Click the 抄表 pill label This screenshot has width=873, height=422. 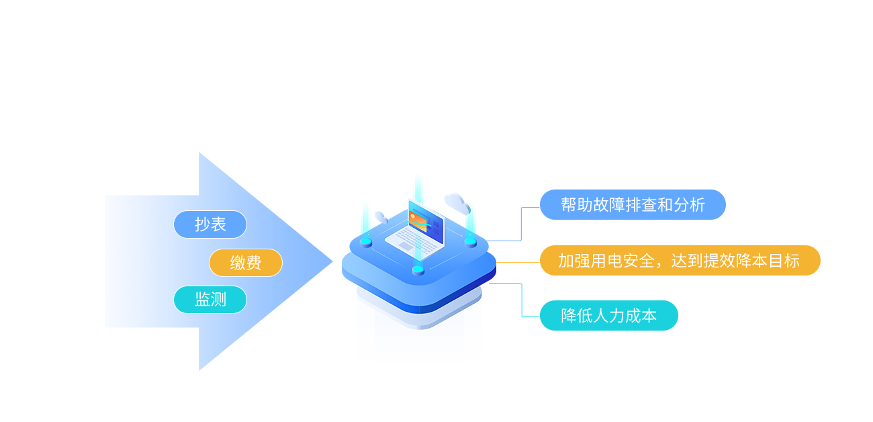[210, 224]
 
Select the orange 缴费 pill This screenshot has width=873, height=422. [246, 263]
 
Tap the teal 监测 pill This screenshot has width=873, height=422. [210, 300]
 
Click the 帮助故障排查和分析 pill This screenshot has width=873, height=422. [633, 204]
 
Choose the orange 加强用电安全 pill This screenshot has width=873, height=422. [680, 261]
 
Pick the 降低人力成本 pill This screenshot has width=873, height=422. [608, 315]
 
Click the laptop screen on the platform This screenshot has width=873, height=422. [426, 222]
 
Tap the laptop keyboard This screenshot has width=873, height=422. [407, 238]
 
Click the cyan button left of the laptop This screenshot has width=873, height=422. [366, 241]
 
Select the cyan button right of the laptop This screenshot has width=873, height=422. [471, 241]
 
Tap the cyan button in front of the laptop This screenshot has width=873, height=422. [418, 270]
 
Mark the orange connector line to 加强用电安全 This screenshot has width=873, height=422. [518, 263]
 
